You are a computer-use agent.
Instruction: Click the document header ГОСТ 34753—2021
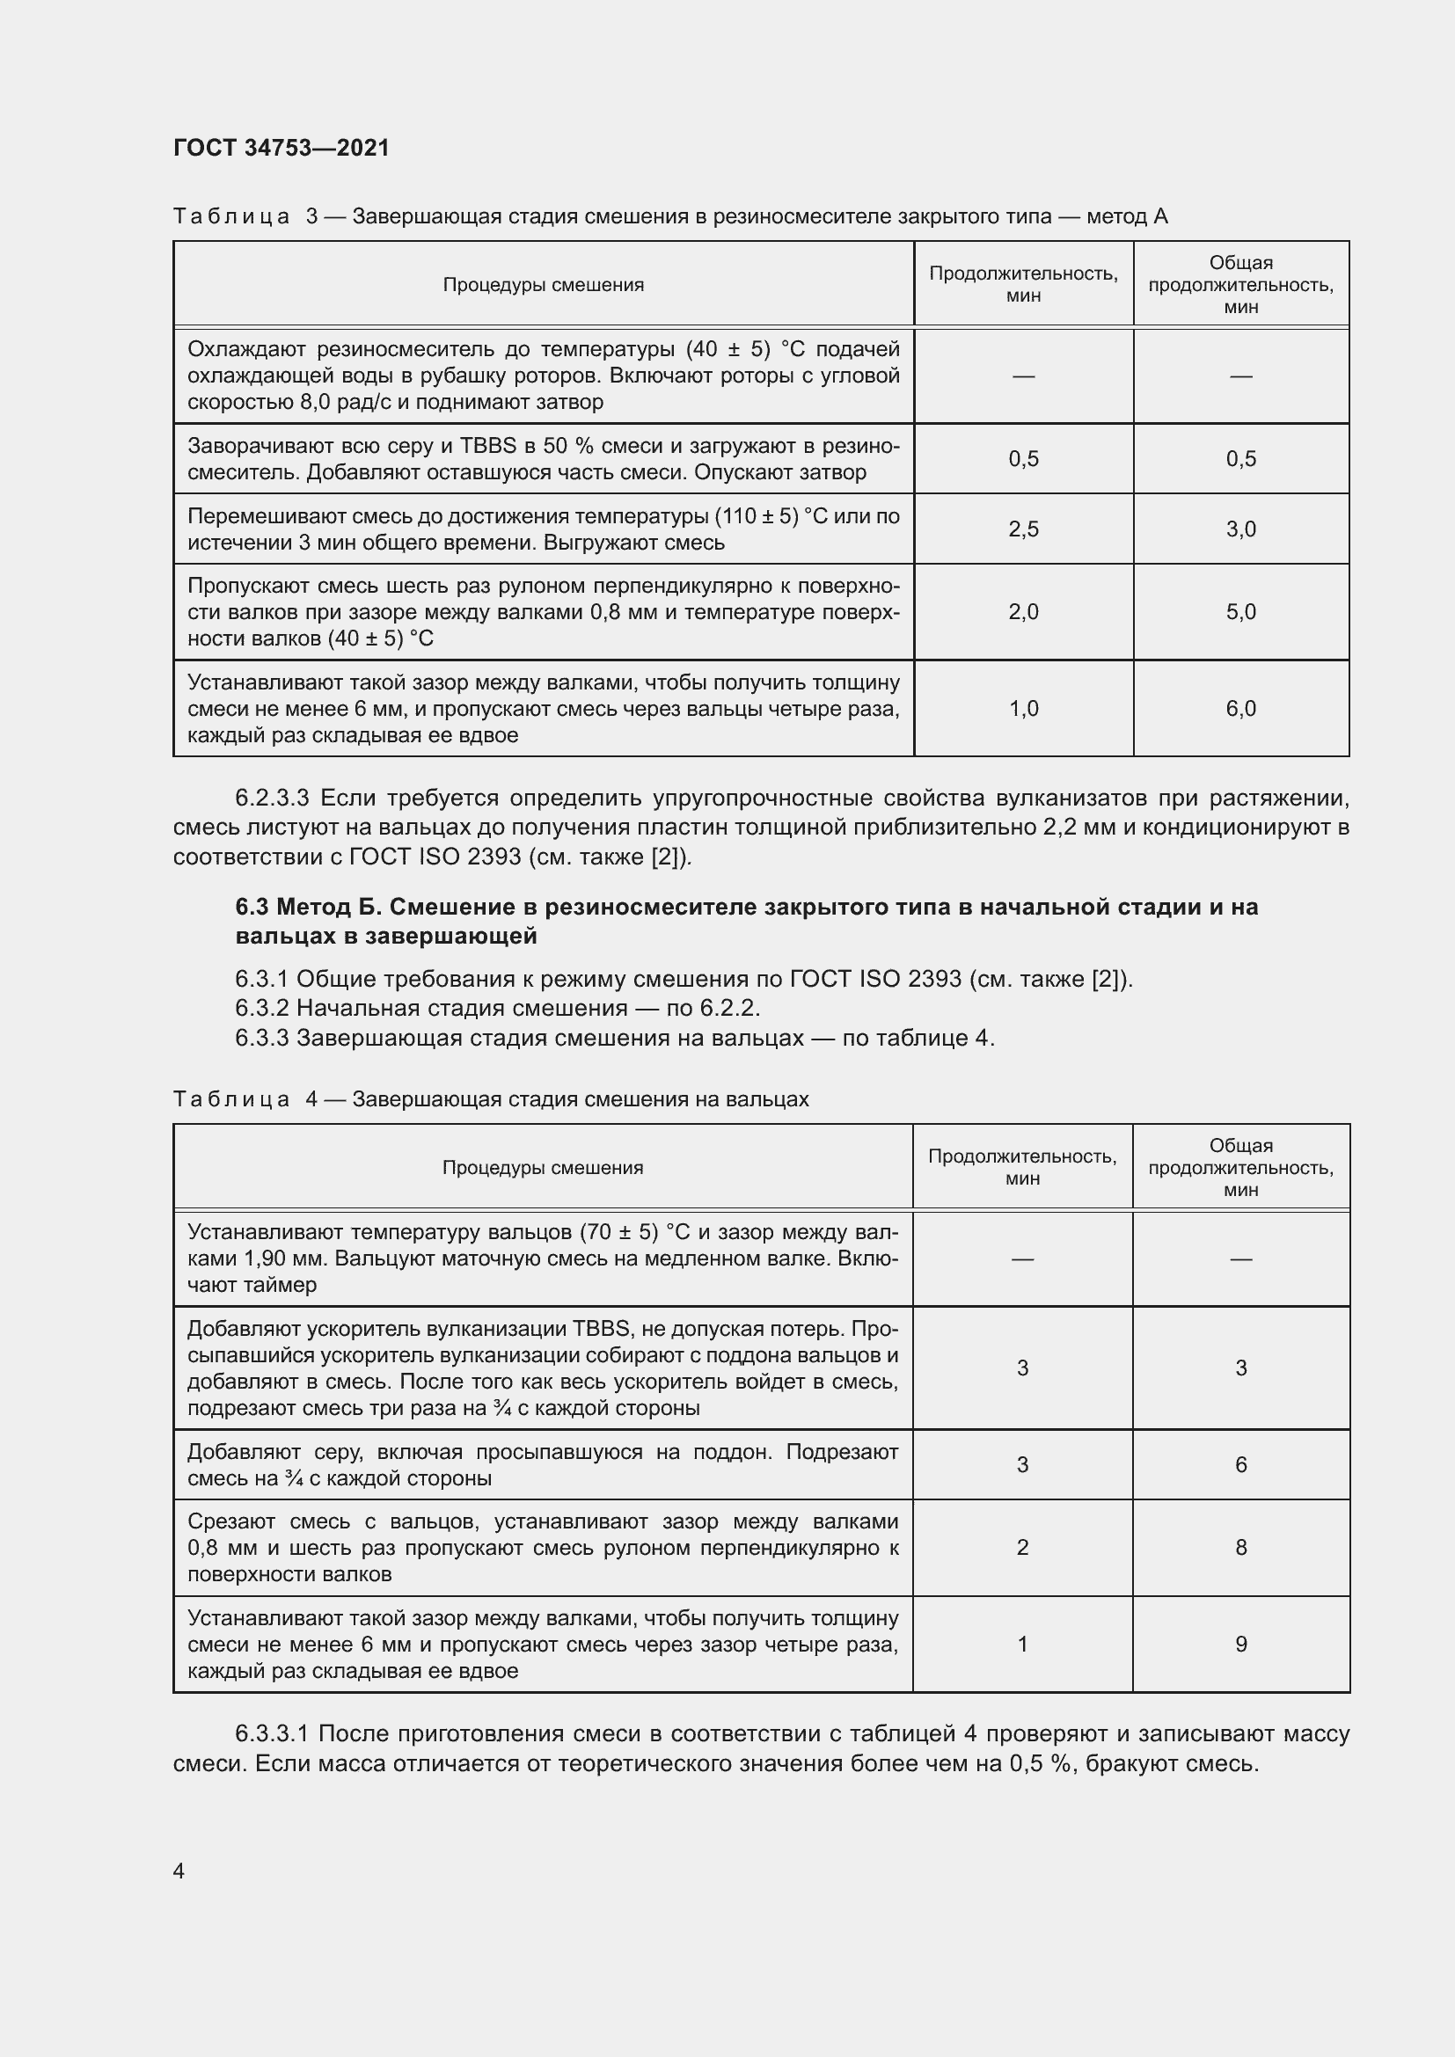pos(281,148)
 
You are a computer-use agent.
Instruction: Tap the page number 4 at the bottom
pos(179,1871)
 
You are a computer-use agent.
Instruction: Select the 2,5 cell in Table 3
pos(1023,529)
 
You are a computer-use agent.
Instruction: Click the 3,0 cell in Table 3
pos(1241,529)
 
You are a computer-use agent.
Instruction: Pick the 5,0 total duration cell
pos(1241,612)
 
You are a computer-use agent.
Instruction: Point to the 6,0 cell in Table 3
pos(1241,709)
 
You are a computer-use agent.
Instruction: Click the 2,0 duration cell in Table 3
pos(1023,612)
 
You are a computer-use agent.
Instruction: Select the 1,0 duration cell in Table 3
pos(1023,709)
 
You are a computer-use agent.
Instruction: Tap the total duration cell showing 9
pos(1241,1644)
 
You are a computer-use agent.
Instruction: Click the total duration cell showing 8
pos(1241,1547)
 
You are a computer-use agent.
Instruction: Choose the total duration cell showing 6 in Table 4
pos(1241,1465)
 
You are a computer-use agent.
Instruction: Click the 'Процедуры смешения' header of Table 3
pos(543,285)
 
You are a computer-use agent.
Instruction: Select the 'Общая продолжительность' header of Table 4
pos(1241,1167)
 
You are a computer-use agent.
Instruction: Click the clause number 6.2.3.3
pos(272,798)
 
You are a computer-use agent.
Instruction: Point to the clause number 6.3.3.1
pos(272,1733)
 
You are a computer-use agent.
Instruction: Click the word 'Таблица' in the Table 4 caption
pos(231,1099)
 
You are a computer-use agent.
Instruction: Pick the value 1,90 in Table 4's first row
pos(266,1258)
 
